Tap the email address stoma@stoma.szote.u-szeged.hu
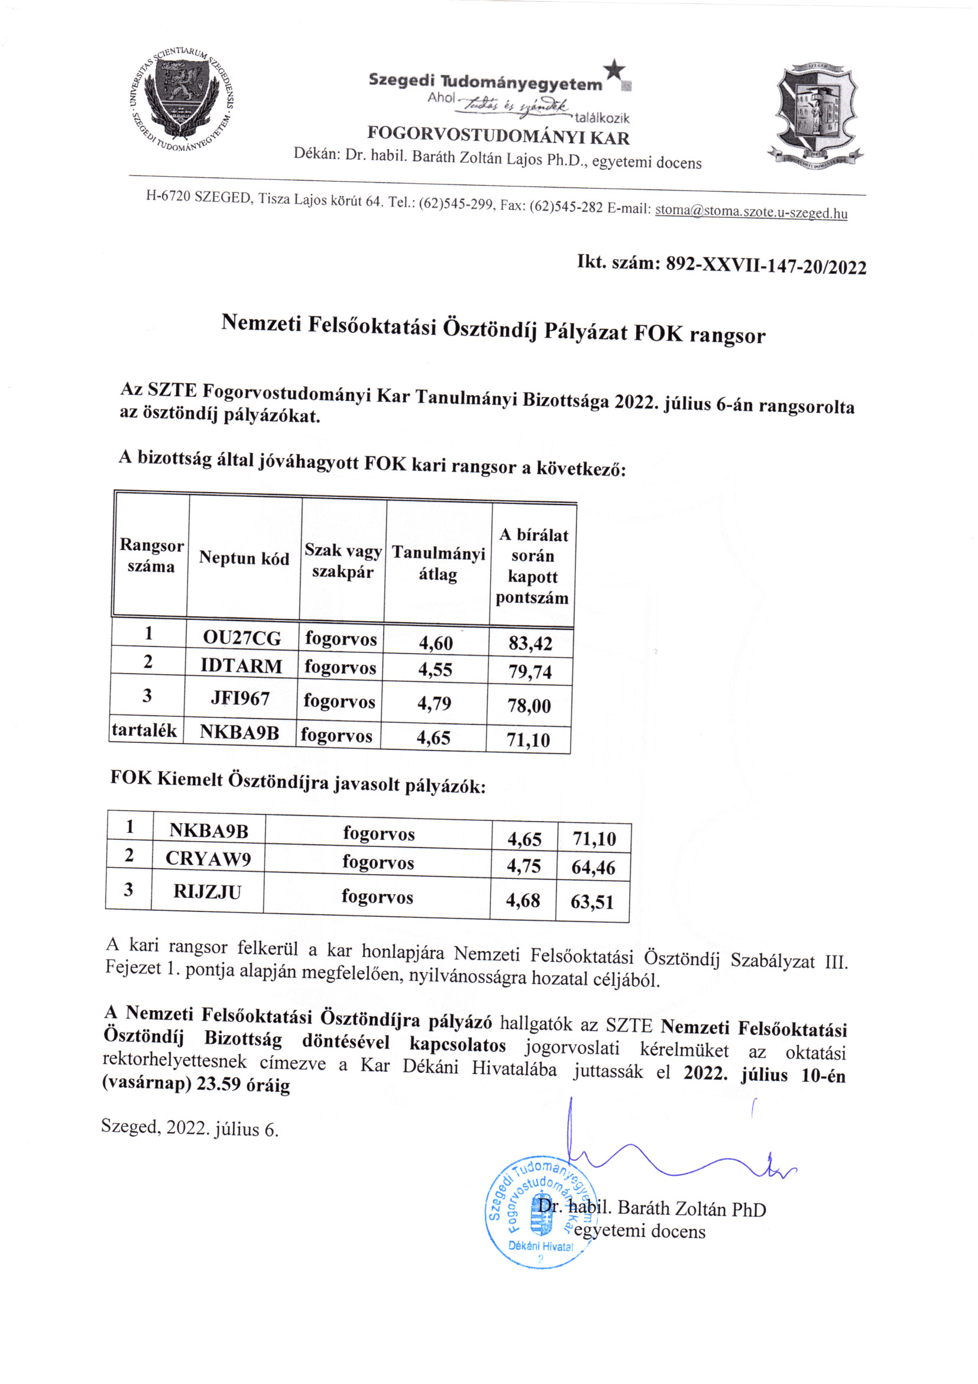pyautogui.click(x=751, y=212)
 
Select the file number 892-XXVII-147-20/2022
pyautogui.click(x=766, y=266)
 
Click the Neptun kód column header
pyautogui.click(x=244, y=558)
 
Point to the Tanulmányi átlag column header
pyautogui.click(x=438, y=564)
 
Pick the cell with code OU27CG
pyautogui.click(x=242, y=637)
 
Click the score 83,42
pyautogui.click(x=530, y=643)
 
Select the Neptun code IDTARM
pyautogui.click(x=241, y=666)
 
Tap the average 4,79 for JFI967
pyautogui.click(x=434, y=703)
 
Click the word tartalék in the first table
pyautogui.click(x=144, y=730)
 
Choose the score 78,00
pyautogui.click(x=529, y=705)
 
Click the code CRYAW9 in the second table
pyautogui.click(x=208, y=858)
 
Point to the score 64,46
pyautogui.click(x=594, y=868)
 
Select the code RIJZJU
pyautogui.click(x=208, y=891)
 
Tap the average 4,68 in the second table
pyautogui.click(x=523, y=901)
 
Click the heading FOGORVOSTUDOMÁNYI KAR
pyautogui.click(x=498, y=135)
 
